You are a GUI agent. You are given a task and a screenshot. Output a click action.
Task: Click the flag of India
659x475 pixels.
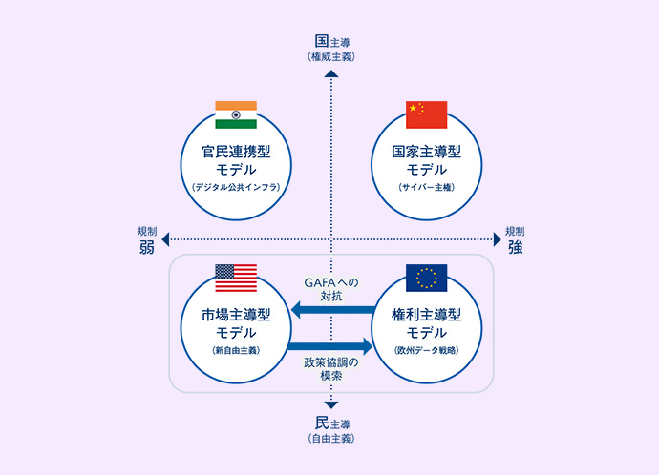coord(236,114)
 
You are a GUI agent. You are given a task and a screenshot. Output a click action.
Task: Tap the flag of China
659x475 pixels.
coord(427,114)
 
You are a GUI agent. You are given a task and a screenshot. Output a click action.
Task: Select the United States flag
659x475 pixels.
coord(236,278)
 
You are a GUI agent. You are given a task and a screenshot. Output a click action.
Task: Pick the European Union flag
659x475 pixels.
coord(427,278)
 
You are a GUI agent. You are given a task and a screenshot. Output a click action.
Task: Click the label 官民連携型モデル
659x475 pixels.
coord(236,160)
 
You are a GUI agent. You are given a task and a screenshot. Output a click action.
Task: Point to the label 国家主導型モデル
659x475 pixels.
coord(427,160)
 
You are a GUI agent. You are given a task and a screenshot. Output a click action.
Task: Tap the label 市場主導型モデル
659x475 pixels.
coord(236,323)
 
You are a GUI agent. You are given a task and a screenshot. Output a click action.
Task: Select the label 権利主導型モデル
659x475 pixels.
coord(427,323)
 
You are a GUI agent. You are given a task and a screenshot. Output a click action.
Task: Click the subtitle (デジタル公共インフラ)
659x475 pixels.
coord(236,187)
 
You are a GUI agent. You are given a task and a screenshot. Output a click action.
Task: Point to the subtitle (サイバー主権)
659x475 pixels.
coord(427,187)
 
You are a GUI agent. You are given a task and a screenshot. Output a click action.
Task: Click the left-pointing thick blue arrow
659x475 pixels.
coord(330,309)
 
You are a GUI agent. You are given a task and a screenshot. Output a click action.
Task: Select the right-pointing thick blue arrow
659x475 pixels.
coord(330,347)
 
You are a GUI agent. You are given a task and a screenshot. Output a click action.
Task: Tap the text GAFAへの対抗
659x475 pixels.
coord(330,289)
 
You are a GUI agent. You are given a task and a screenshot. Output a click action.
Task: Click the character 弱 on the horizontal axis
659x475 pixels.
coord(146,248)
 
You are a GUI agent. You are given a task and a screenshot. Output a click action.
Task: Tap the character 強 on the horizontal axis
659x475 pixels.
coord(516,248)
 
